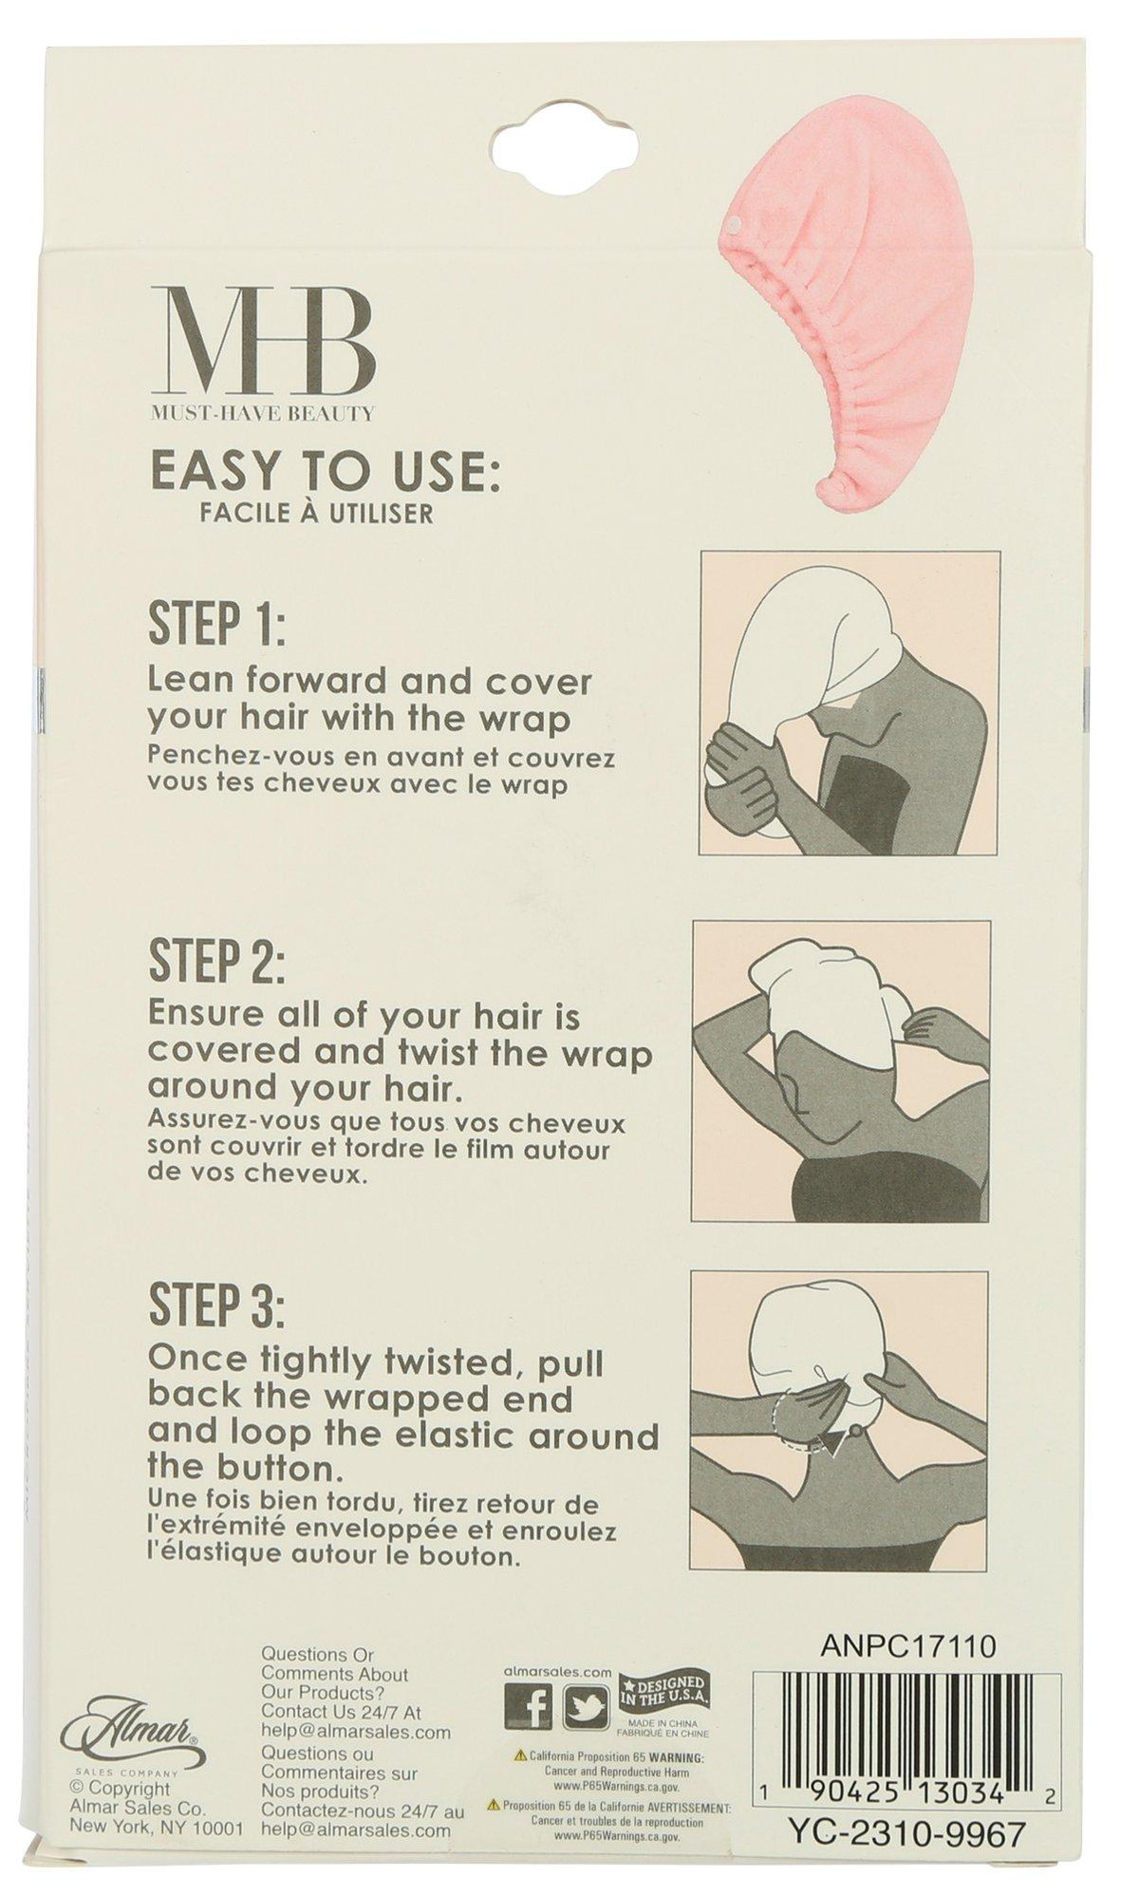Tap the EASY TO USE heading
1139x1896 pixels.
click(x=326, y=470)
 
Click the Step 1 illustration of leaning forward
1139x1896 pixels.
click(x=850, y=703)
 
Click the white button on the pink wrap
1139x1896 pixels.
click(x=737, y=224)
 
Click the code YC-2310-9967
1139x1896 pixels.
click(x=907, y=1807)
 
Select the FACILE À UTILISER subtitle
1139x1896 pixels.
click(x=316, y=514)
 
